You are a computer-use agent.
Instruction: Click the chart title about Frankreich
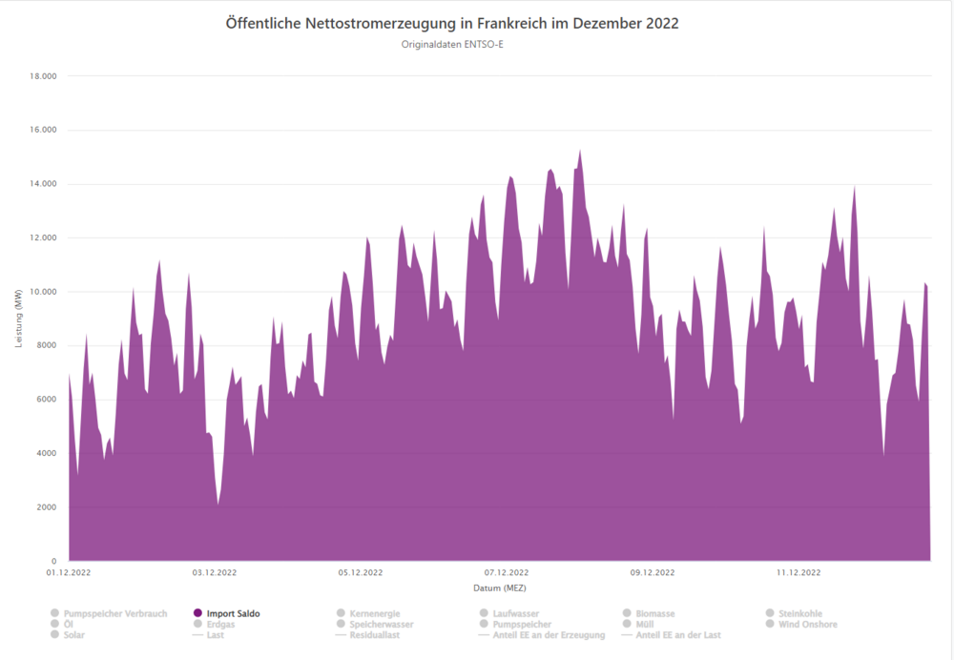point(452,23)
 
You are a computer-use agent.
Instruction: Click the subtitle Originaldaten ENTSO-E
point(452,44)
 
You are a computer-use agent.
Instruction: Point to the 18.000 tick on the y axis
point(42,76)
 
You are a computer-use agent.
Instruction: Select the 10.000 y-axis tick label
point(42,292)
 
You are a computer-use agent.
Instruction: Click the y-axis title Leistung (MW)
point(18,318)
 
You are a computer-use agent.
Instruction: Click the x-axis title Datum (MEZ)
point(499,588)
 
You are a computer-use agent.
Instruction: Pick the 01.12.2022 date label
point(69,573)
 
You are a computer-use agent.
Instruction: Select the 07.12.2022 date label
point(507,573)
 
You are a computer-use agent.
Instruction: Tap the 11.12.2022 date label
point(798,573)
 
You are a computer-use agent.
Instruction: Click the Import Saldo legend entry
point(233,613)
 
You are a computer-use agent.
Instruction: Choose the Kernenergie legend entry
point(375,613)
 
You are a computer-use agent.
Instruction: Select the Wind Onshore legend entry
point(807,624)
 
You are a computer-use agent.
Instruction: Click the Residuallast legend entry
point(374,634)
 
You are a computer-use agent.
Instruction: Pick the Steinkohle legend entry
point(800,613)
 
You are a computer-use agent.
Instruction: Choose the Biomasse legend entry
point(656,613)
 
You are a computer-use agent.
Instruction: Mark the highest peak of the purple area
point(580,151)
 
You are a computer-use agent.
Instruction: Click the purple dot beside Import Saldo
point(197,613)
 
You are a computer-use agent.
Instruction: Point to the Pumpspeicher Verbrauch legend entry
point(114,613)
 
